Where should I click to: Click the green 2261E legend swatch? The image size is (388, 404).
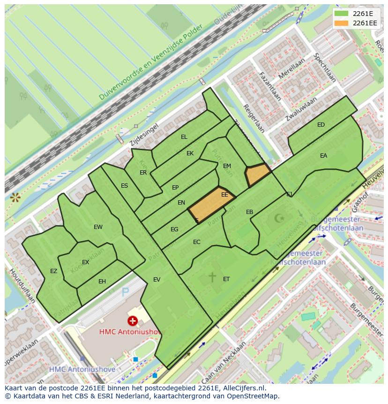click(x=342, y=14)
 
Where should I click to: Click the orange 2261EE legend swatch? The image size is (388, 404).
click(x=342, y=23)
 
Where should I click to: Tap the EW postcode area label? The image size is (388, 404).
click(x=98, y=227)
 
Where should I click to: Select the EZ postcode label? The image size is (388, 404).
click(x=53, y=271)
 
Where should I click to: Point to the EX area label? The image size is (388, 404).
click(x=85, y=262)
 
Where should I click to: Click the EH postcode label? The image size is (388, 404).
click(x=102, y=282)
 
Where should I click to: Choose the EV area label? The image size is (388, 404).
click(x=157, y=280)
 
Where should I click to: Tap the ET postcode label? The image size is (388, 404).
click(x=226, y=279)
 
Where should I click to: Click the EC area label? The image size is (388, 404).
click(x=197, y=242)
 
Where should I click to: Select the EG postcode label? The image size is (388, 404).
click(x=174, y=229)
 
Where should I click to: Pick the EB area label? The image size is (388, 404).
click(x=250, y=212)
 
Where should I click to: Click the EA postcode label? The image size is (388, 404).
click(x=323, y=156)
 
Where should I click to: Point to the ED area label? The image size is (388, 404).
click(x=321, y=125)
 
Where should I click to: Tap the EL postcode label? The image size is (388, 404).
click(x=184, y=137)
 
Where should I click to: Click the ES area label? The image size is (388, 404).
click(x=124, y=186)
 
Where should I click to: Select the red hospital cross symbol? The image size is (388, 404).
click(x=133, y=321)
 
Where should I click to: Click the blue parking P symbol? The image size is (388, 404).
click(x=125, y=293)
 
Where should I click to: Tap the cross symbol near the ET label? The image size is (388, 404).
click(x=212, y=277)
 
